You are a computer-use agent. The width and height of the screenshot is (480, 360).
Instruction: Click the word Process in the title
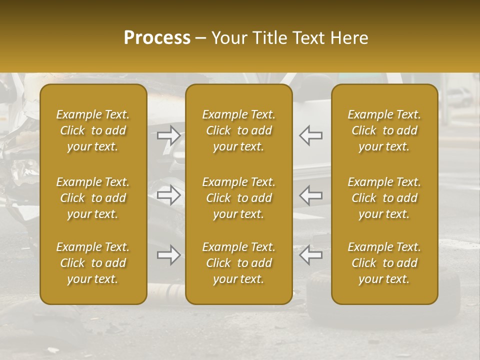(x=157, y=38)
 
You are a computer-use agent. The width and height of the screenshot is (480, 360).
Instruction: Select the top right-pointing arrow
(x=169, y=135)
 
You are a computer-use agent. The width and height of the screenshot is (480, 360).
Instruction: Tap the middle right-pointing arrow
(x=169, y=195)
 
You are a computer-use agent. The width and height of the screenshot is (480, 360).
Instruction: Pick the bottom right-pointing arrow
(x=169, y=255)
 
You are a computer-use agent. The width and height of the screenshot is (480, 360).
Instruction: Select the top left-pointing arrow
(x=310, y=135)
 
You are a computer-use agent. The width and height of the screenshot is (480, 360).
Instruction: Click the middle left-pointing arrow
(x=310, y=195)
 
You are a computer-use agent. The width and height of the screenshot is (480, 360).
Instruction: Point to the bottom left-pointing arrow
(x=310, y=255)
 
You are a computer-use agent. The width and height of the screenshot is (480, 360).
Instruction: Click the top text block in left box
(x=93, y=130)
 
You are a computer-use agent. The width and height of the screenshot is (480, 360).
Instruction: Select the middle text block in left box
(x=93, y=198)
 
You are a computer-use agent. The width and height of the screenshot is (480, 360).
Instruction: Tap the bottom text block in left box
(x=93, y=263)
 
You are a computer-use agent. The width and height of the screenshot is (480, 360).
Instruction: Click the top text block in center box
(x=238, y=130)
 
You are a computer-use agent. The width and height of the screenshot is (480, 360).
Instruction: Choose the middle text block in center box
(x=238, y=198)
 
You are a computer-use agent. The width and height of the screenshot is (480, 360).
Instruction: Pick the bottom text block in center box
(x=238, y=263)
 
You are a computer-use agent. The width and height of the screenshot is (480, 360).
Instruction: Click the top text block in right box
(x=384, y=130)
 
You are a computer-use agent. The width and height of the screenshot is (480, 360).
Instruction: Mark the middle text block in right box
(x=384, y=198)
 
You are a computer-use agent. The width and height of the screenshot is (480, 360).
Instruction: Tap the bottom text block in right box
(x=384, y=263)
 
